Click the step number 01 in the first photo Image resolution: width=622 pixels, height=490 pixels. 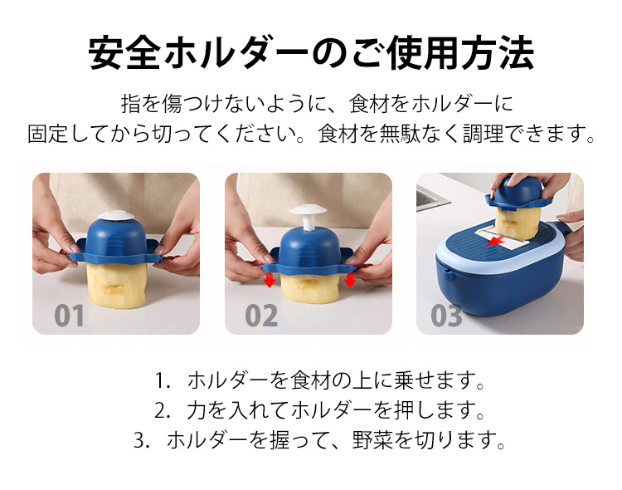pyautogui.click(x=69, y=316)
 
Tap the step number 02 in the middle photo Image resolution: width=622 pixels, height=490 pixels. pyautogui.click(x=261, y=316)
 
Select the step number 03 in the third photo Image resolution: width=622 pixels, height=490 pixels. pyautogui.click(x=447, y=316)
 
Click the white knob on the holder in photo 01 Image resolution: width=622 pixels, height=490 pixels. pyautogui.click(x=116, y=215)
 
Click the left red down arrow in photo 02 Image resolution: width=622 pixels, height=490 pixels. pyautogui.click(x=270, y=279)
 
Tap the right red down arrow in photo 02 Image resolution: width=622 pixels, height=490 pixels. pyautogui.click(x=349, y=279)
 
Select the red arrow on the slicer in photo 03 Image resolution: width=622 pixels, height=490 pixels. pyautogui.click(x=496, y=240)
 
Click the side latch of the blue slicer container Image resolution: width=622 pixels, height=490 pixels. pyautogui.click(x=449, y=275)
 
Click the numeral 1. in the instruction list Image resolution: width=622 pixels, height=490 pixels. pyautogui.click(x=163, y=380)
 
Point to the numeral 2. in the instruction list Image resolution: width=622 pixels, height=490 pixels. pyautogui.click(x=163, y=410)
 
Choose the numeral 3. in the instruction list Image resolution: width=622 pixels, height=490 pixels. pyautogui.click(x=143, y=440)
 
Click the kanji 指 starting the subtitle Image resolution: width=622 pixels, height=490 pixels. pyautogui.click(x=131, y=104)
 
